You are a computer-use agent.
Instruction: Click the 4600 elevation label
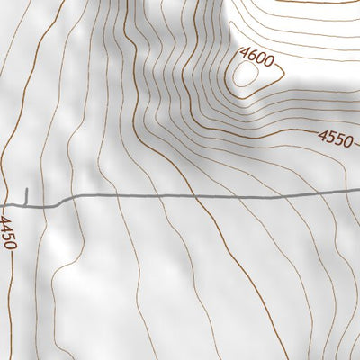tap(256, 57)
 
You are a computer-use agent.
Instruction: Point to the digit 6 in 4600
tap(251, 56)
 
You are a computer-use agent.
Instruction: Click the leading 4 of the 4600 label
tap(243, 54)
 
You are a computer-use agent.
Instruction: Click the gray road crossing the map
tap(180, 195)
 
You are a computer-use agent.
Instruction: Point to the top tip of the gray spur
tap(27, 189)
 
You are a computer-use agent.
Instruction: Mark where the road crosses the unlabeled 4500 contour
tap(194, 195)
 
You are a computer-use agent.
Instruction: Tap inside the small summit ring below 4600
tap(243, 78)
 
